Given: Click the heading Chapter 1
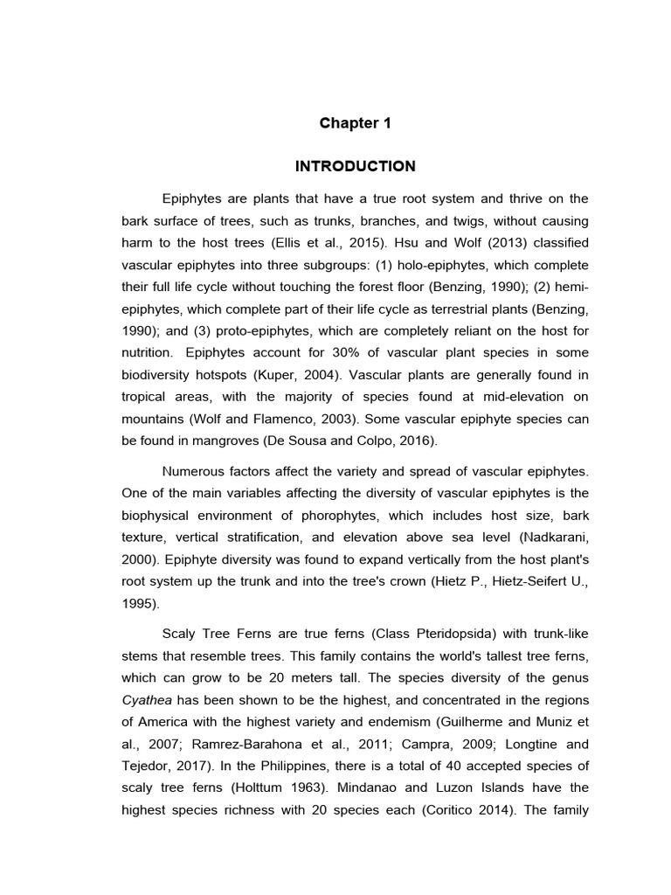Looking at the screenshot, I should pos(355,123).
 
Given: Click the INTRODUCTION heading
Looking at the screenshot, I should pos(355,166).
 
